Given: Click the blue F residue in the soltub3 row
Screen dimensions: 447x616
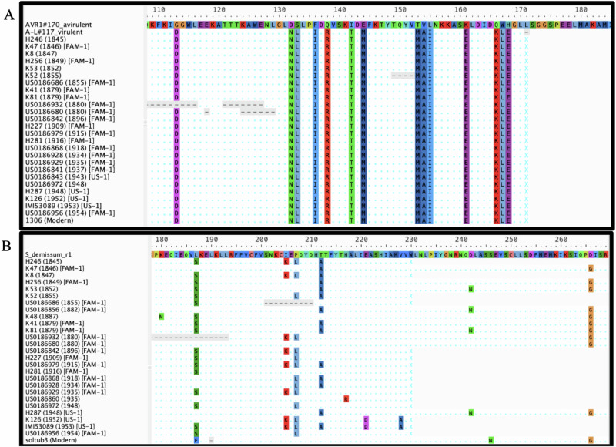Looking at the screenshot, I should [197, 440].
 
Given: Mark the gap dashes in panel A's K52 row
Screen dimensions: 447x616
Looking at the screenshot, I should [403, 76].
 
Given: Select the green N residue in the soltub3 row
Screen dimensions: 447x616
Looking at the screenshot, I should [490, 440].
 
